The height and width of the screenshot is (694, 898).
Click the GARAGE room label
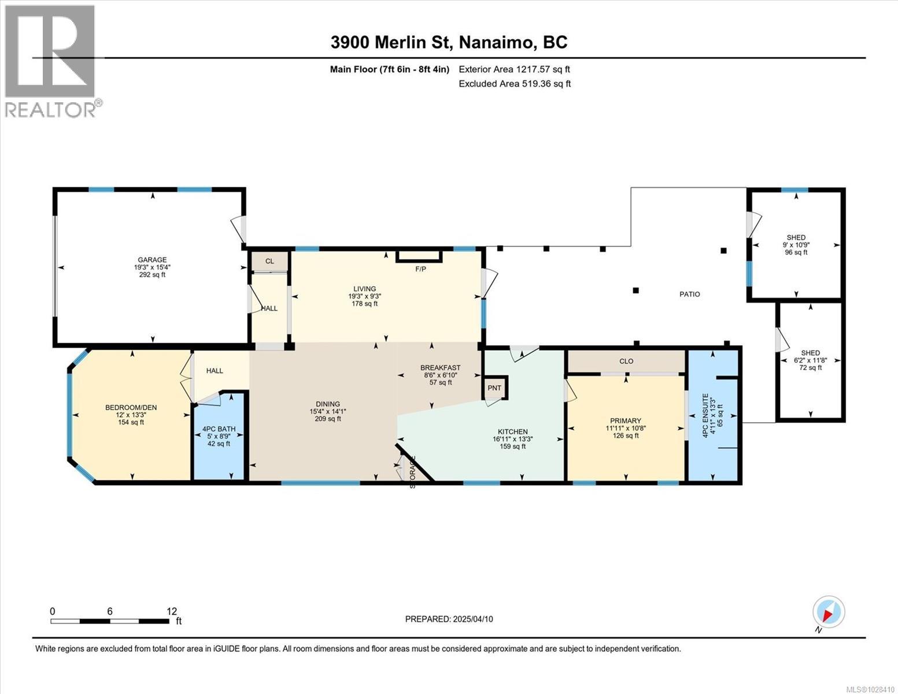pos(151,260)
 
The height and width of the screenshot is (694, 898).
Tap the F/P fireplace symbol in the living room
pos(419,256)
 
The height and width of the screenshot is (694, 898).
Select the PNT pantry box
pos(494,388)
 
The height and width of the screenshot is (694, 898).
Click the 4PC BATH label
pos(219,429)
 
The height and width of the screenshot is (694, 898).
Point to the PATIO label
pos(689,294)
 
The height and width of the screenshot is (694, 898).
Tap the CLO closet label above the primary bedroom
pos(626,361)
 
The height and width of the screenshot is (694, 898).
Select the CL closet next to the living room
pos(269,261)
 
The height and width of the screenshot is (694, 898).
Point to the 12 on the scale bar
pos(171,611)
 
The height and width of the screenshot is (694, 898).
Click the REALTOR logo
pos(50,61)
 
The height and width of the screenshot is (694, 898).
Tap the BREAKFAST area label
pos(440,368)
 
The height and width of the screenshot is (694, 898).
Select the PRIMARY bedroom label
pos(625,421)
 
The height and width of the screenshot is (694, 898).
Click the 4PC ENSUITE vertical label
pos(705,415)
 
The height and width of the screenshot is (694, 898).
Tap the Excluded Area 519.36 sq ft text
pos(515,84)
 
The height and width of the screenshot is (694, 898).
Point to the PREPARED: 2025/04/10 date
pos(449,619)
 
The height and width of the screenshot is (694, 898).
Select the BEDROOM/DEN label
pos(131,408)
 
